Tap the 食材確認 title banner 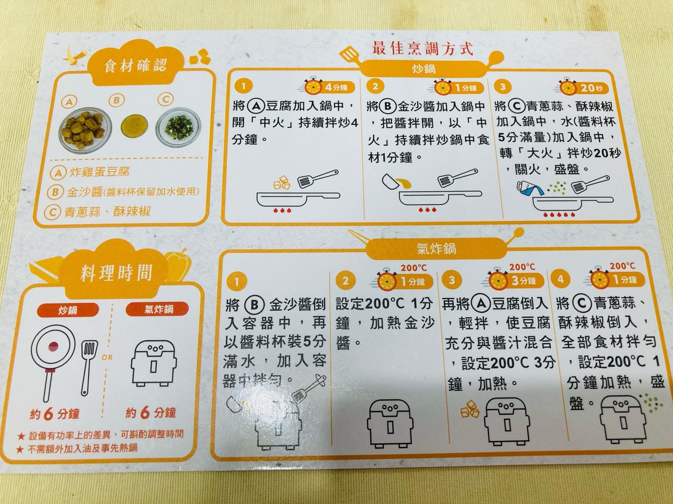click(136, 66)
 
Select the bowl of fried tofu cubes click(85, 128)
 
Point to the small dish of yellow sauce click(134, 126)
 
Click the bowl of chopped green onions click(178, 127)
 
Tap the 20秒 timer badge click(583, 88)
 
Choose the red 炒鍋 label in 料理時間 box click(67, 311)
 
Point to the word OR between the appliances click(107, 357)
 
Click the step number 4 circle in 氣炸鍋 click(560, 279)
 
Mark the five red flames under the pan click(559, 215)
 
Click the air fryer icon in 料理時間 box click(153, 364)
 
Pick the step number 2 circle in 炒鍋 click(375, 86)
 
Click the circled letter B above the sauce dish click(117, 100)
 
